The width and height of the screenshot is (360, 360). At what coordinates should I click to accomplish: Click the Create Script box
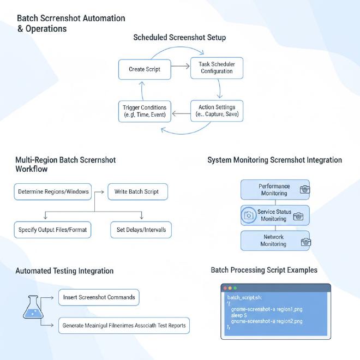pyautogui.click(x=145, y=69)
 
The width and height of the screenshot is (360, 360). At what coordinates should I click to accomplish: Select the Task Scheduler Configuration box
pyautogui.click(x=217, y=68)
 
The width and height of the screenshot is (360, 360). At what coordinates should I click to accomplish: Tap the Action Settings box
pyautogui.click(x=217, y=111)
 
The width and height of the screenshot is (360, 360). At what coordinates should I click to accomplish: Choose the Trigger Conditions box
pyautogui.click(x=145, y=111)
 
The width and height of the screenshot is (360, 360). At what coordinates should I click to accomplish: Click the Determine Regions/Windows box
pyautogui.click(x=53, y=192)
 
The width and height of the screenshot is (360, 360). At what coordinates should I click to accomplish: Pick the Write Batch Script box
pyautogui.click(x=137, y=192)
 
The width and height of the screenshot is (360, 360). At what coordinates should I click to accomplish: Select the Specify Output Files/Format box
pyautogui.click(x=52, y=230)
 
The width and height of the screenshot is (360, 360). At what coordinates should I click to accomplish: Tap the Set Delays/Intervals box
pyautogui.click(x=141, y=230)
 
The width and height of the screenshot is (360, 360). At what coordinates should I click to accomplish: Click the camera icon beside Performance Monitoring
pyautogui.click(x=305, y=189)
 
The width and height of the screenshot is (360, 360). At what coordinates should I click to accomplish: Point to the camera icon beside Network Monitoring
pyautogui.click(x=305, y=242)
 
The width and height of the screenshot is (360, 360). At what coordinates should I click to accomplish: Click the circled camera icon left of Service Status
pyautogui.click(x=249, y=215)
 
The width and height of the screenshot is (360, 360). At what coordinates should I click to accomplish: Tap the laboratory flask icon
pyautogui.click(x=33, y=307)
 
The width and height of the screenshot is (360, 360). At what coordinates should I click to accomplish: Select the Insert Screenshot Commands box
pyautogui.click(x=99, y=297)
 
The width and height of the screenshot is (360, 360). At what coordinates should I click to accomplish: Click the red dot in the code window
pyautogui.click(x=225, y=287)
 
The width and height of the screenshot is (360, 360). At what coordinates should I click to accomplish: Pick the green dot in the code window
pyautogui.click(x=235, y=287)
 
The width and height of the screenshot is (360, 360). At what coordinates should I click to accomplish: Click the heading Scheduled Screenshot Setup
pyautogui.click(x=179, y=38)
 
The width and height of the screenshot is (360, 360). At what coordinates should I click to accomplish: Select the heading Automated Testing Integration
pyautogui.click(x=64, y=271)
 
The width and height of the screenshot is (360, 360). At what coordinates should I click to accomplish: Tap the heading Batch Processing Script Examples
pyautogui.click(x=264, y=269)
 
